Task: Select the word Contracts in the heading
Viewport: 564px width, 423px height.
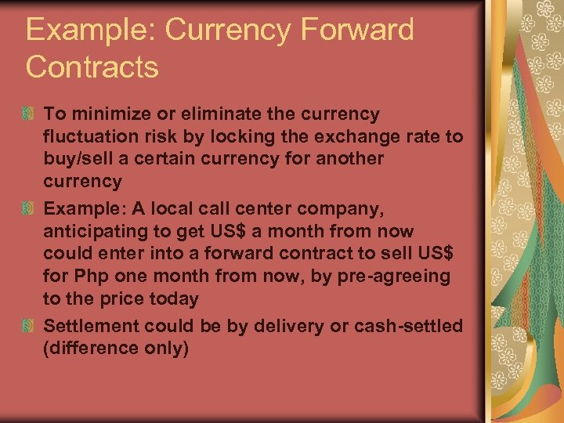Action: click(92, 67)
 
